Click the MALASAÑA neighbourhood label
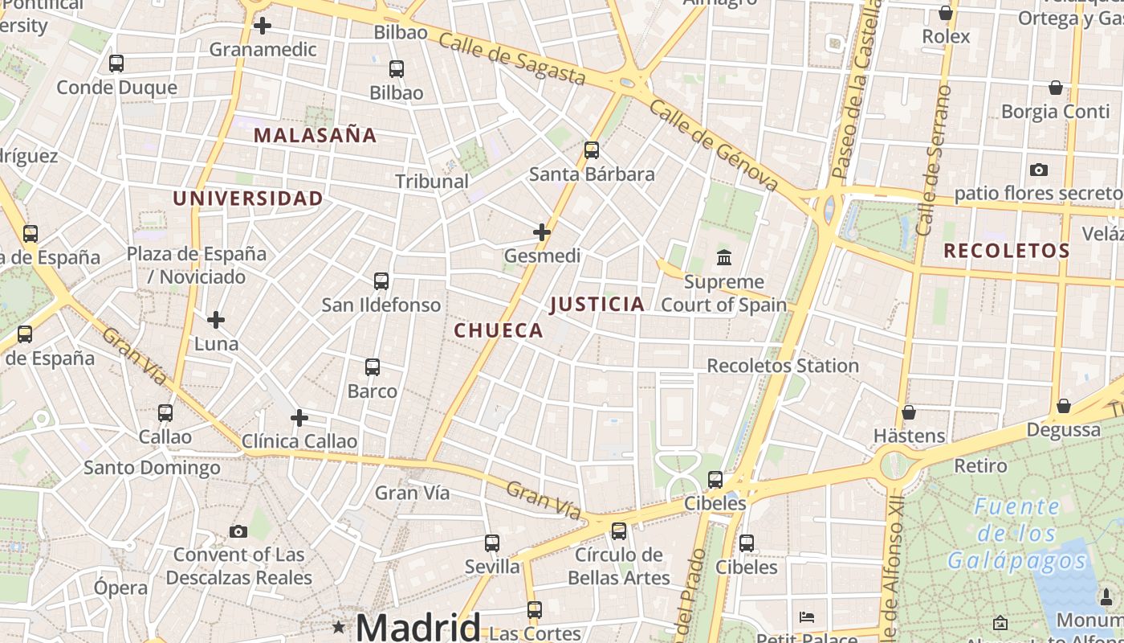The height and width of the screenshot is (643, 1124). tap(316, 135)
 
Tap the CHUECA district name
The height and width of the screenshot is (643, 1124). tap(499, 330)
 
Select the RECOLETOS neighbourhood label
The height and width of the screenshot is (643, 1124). tap(1007, 251)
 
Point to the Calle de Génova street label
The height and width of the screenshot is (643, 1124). tap(714, 145)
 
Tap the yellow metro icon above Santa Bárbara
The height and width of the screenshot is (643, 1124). tap(592, 150)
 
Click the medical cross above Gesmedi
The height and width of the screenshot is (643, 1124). tap(542, 232)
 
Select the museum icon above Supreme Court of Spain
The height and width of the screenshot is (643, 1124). tap(724, 258)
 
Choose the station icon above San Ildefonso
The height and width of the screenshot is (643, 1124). tap(381, 281)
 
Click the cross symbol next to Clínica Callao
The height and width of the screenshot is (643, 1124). tap(299, 418)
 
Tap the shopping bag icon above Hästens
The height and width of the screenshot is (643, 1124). tap(909, 412)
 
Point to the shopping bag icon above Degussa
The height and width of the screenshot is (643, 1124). tap(1064, 406)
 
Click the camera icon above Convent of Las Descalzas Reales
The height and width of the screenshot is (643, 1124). tap(238, 531)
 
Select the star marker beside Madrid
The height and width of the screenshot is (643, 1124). tap(339, 626)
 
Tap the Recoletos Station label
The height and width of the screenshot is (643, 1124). tap(783, 366)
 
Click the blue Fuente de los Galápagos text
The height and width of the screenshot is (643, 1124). tap(1016, 534)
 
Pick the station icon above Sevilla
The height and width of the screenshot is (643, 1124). tap(492, 543)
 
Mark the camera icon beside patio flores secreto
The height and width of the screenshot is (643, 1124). tap(1039, 170)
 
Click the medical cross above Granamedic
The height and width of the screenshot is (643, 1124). tap(263, 26)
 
